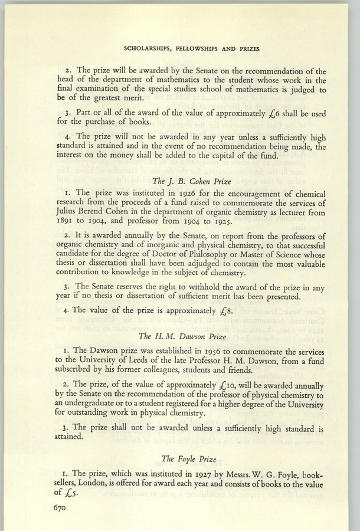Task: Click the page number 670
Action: tap(62, 507)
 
